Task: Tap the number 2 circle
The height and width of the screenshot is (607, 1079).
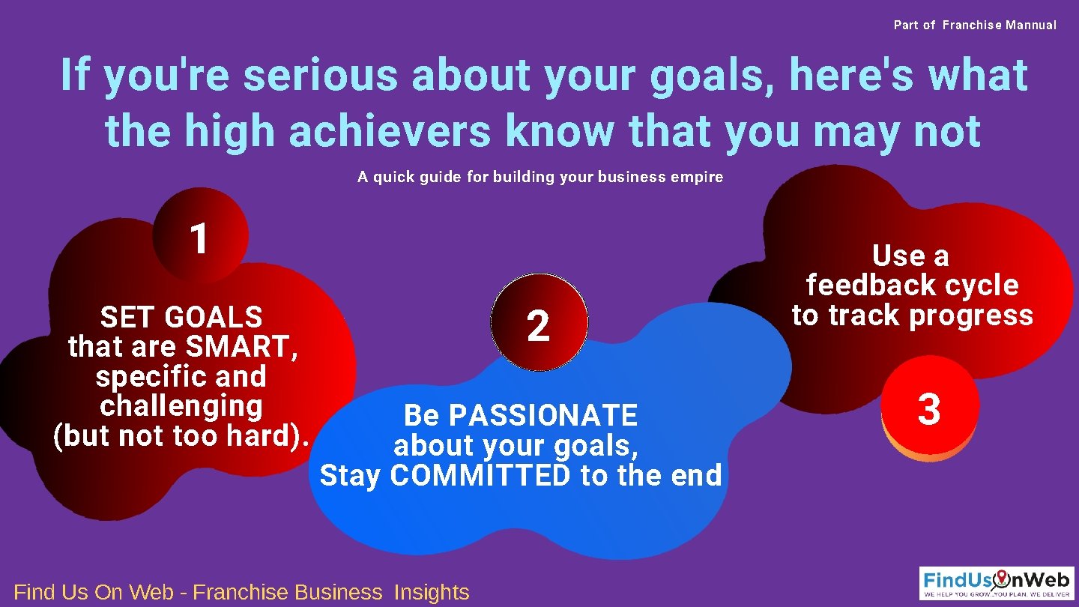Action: coord(539,324)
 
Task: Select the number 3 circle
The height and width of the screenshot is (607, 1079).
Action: coord(929,408)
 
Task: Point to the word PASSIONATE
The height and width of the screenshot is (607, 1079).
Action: coord(543,415)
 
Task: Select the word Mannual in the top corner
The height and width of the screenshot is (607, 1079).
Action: coord(1031,25)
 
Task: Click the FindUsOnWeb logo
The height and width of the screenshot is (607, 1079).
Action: coord(997,582)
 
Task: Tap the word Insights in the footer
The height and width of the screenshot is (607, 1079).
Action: coord(432,592)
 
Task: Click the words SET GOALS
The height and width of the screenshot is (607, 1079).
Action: coord(181,317)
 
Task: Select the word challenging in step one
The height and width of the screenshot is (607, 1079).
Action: coord(181,406)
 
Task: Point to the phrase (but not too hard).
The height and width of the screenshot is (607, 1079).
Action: coord(181,436)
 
